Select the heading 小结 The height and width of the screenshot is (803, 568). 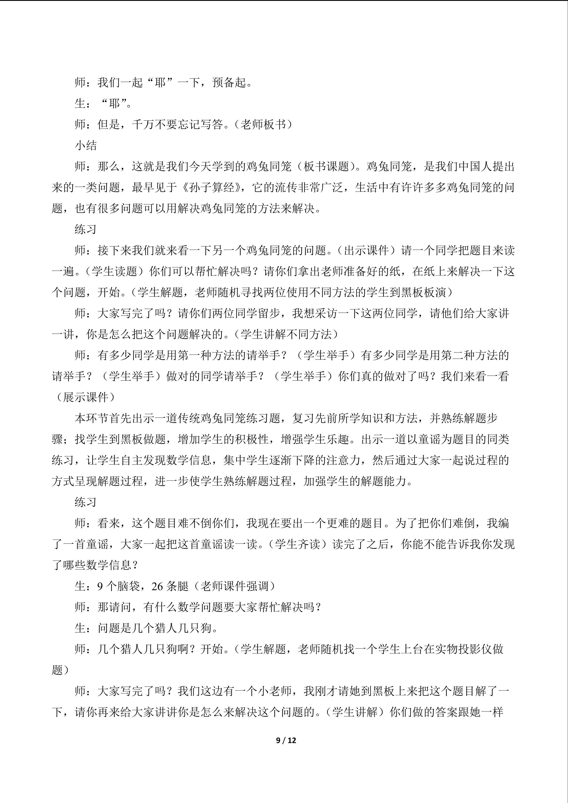click(x=86, y=145)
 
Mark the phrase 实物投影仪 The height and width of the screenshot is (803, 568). click(x=463, y=649)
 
